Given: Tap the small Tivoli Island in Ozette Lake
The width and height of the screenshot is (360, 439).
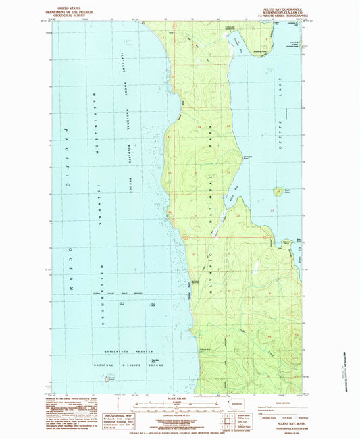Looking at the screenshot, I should click(x=278, y=192).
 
